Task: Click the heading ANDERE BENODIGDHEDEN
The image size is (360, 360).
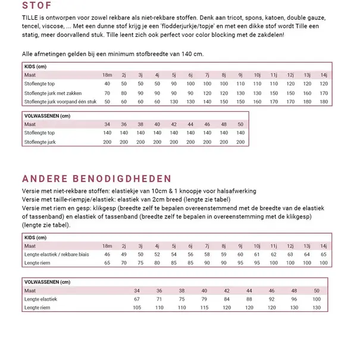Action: [x=96, y=179]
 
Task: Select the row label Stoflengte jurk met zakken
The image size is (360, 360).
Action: [x=53, y=93]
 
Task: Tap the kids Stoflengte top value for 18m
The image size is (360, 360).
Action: [x=107, y=84]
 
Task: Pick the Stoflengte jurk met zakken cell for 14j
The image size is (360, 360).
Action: [x=324, y=93]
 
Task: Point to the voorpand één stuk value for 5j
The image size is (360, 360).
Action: [x=174, y=102]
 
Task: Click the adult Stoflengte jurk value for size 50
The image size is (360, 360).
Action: [x=240, y=142]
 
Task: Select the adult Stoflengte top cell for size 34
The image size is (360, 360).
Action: [x=107, y=133]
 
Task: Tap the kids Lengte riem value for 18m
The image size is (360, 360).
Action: [x=107, y=262]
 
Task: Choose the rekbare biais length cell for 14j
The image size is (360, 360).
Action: [x=324, y=254]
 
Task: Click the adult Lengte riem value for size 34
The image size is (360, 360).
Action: [x=137, y=308]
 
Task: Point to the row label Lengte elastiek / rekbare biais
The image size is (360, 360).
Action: [x=56, y=254]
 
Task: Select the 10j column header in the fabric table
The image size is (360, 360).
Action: [x=257, y=76]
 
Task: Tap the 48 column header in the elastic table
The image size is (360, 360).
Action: [x=294, y=290]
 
